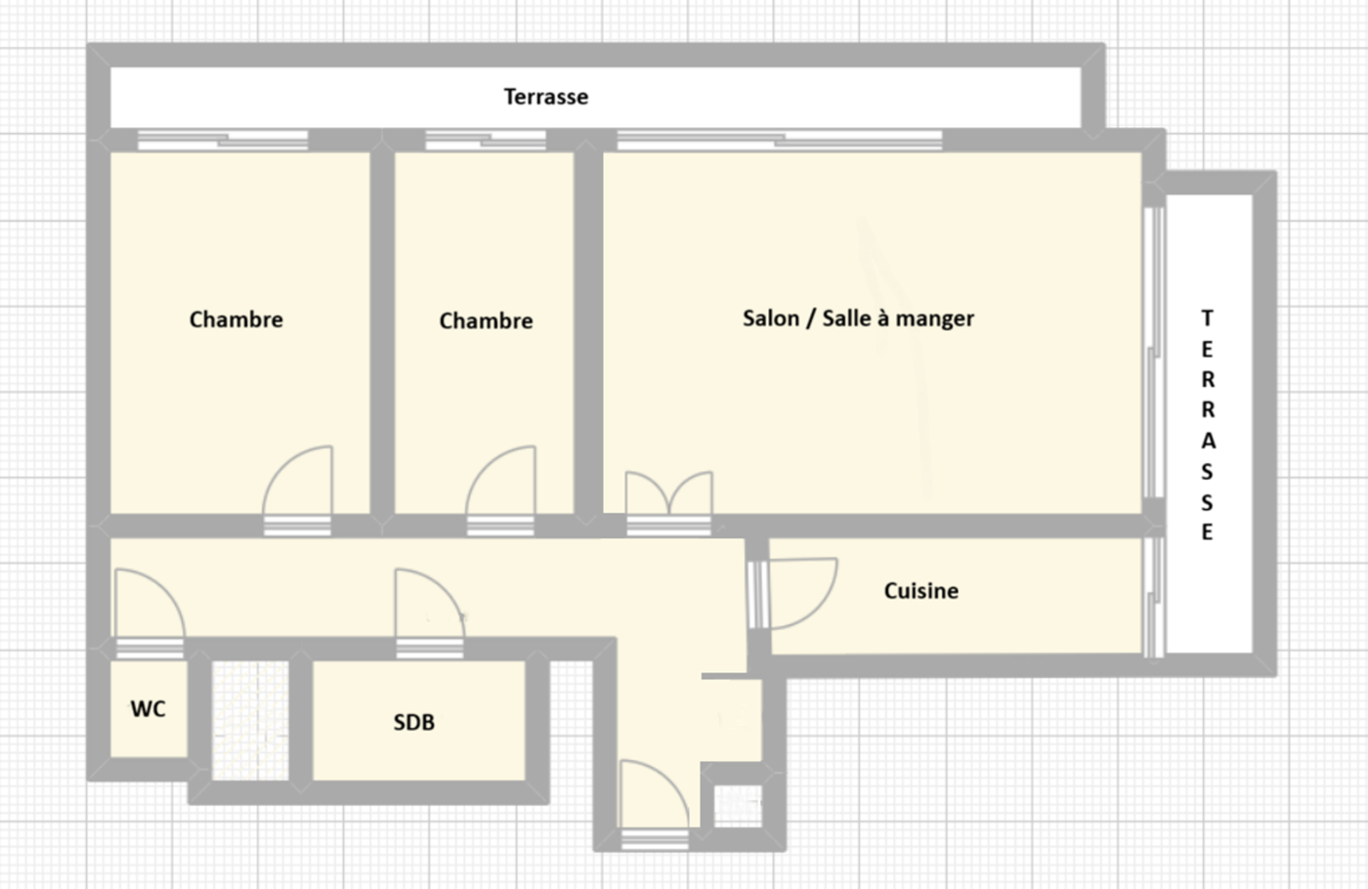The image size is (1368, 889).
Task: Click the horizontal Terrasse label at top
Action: pyautogui.click(x=546, y=97)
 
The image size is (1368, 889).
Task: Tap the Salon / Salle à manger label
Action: pyautogui.click(x=858, y=318)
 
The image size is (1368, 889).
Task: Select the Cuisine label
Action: pyautogui.click(x=920, y=590)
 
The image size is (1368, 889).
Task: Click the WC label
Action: pyautogui.click(x=148, y=709)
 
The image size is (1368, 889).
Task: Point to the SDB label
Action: pyautogui.click(x=414, y=722)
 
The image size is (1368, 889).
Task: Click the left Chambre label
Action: pyautogui.click(x=235, y=319)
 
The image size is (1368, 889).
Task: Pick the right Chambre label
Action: pyautogui.click(x=486, y=320)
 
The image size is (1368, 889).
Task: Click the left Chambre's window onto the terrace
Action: pyautogui.click(x=223, y=140)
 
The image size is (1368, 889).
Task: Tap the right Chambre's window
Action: pyautogui.click(x=486, y=140)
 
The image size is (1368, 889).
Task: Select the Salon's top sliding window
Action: pyautogui.click(x=780, y=140)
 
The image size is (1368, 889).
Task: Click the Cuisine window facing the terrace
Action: pyautogui.click(x=1153, y=597)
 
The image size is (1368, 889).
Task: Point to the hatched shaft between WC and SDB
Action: pyautogui.click(x=250, y=721)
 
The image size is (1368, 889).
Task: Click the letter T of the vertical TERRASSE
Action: pyautogui.click(x=1208, y=318)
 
